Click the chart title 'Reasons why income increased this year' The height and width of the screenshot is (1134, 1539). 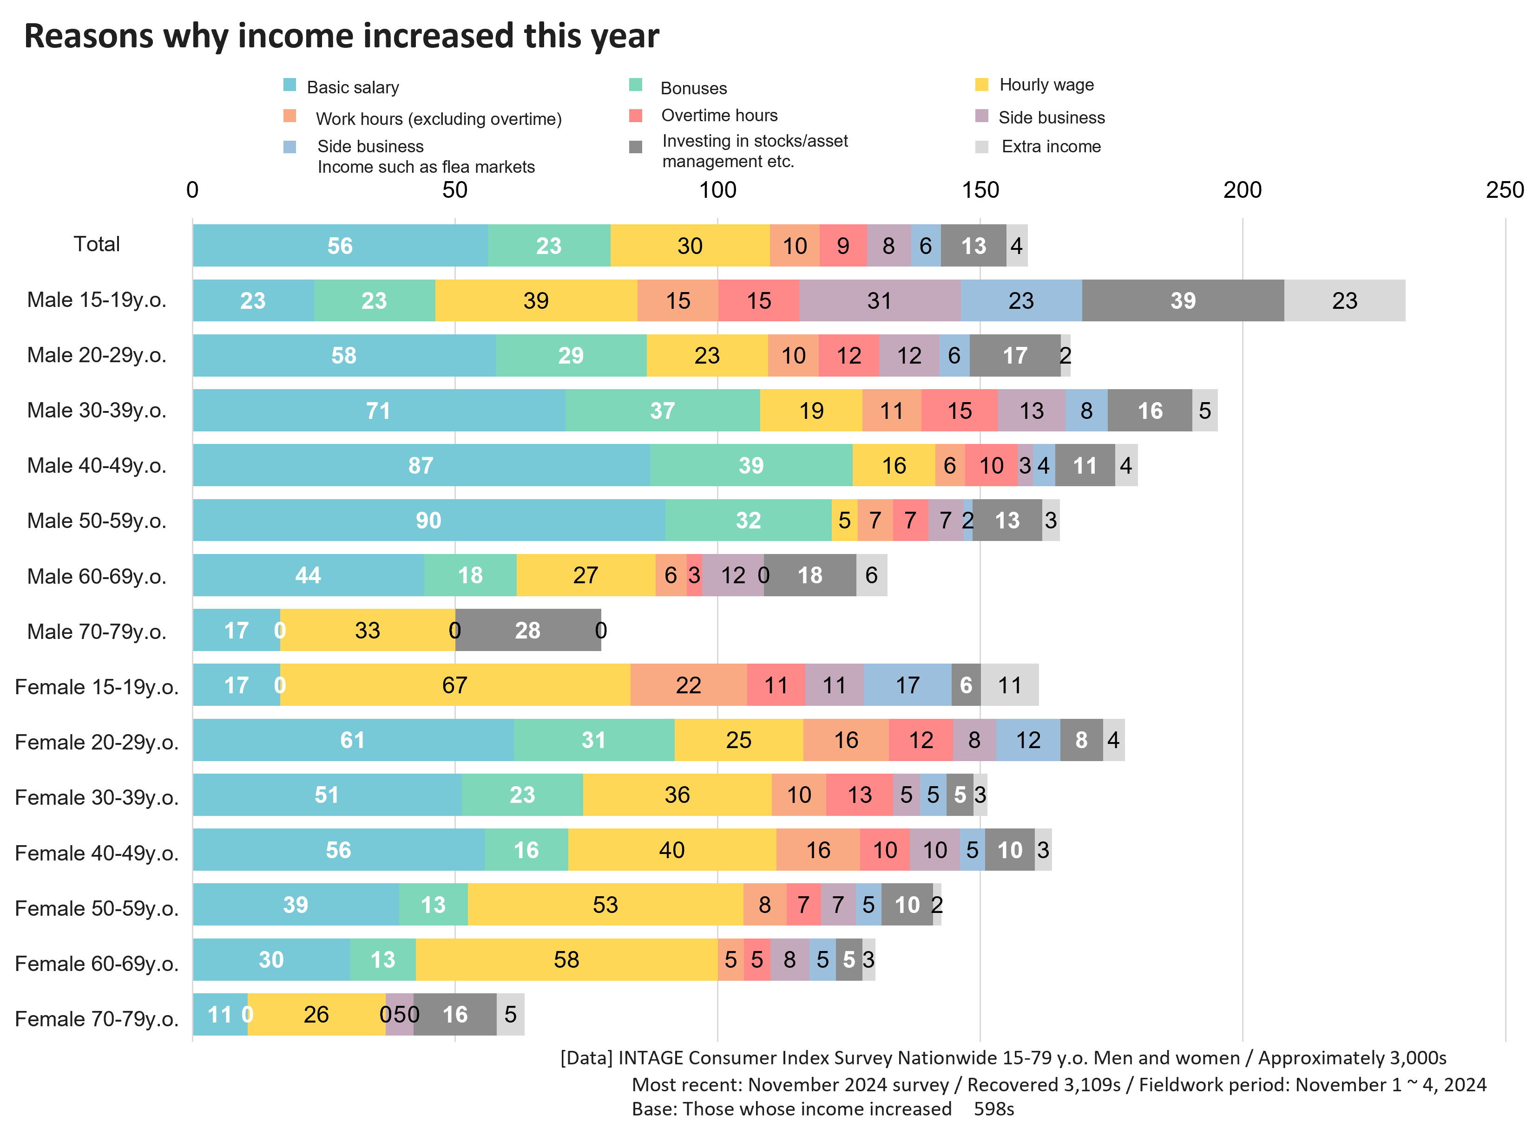tap(342, 36)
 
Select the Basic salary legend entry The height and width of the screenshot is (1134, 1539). tap(352, 87)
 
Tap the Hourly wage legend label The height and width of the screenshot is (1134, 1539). tap(1046, 85)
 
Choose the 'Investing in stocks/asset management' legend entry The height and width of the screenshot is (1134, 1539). tap(755, 151)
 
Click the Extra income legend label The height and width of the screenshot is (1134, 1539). tap(1051, 146)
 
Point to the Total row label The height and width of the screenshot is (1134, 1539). tap(97, 244)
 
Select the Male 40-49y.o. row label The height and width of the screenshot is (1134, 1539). tap(97, 465)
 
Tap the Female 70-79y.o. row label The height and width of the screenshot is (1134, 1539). tap(97, 1019)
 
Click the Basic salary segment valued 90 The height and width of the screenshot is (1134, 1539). tap(428, 520)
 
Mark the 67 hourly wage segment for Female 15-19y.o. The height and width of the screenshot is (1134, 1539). tap(454, 685)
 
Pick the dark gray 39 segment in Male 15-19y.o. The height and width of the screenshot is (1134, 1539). tap(1183, 300)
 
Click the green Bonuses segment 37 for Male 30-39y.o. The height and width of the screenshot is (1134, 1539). tap(663, 411)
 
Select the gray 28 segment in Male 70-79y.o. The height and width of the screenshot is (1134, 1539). tap(527, 630)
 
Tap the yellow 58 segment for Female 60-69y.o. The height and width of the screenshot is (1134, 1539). tap(566, 960)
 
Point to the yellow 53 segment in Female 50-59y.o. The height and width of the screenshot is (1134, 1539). tap(605, 905)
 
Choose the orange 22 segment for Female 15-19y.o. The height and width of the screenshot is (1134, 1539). tap(688, 685)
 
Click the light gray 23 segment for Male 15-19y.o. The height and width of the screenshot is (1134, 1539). tap(1344, 300)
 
